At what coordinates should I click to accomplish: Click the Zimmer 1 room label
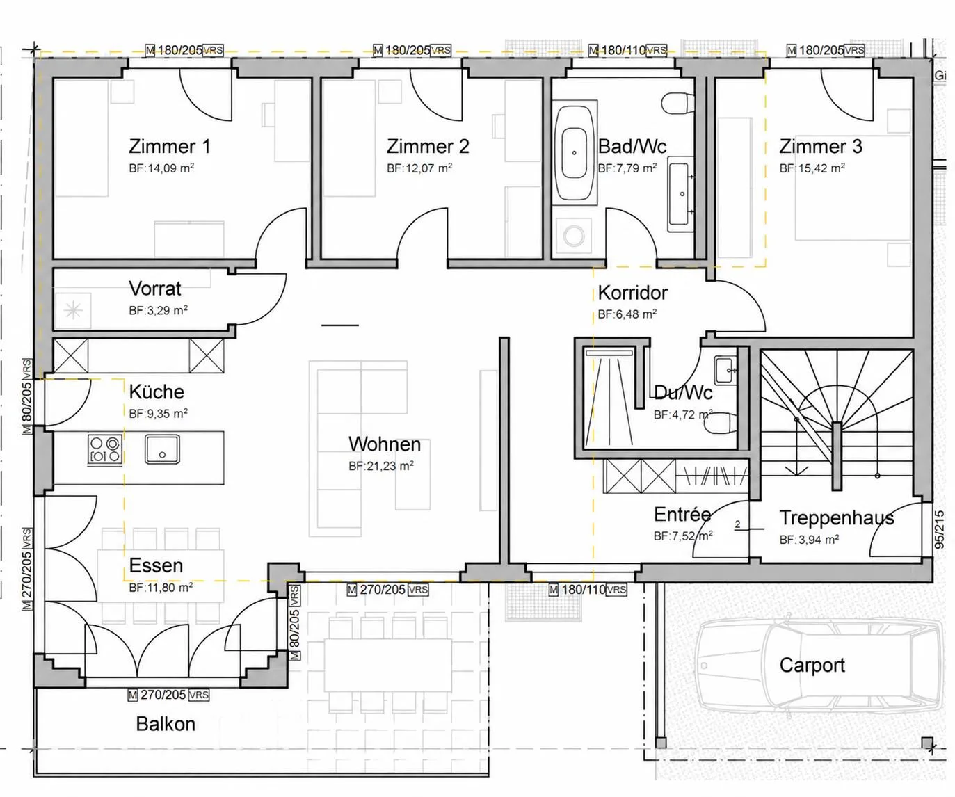170,146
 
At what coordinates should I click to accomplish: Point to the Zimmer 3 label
821,146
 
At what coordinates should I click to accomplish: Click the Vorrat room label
155,289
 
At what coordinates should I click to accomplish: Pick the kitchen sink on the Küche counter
162,449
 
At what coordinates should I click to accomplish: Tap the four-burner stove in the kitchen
105,449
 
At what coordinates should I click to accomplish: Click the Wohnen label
384,444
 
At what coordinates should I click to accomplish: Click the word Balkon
166,724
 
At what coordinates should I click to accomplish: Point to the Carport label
812,666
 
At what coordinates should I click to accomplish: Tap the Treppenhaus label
837,517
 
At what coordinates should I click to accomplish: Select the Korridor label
632,293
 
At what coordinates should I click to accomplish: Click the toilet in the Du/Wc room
720,423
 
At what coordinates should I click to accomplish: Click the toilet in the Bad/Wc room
679,102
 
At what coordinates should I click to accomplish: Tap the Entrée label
682,515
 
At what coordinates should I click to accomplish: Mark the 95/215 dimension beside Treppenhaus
940,529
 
